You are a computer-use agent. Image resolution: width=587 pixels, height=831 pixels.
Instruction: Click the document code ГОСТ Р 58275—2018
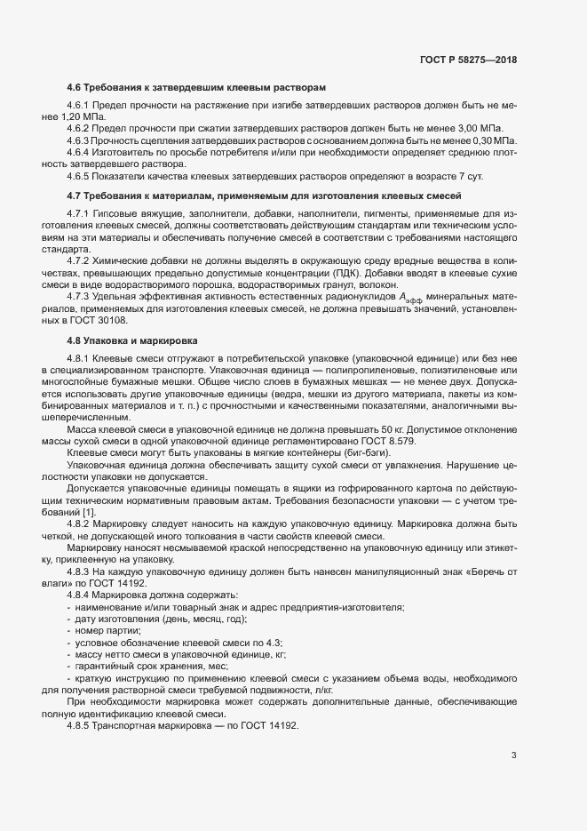click(467, 60)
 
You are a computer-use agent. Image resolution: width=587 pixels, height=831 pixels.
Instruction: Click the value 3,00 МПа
click(493, 128)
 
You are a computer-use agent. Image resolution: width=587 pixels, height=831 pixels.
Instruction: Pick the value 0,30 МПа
click(493, 140)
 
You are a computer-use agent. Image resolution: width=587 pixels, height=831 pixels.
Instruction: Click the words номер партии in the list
click(104, 630)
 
